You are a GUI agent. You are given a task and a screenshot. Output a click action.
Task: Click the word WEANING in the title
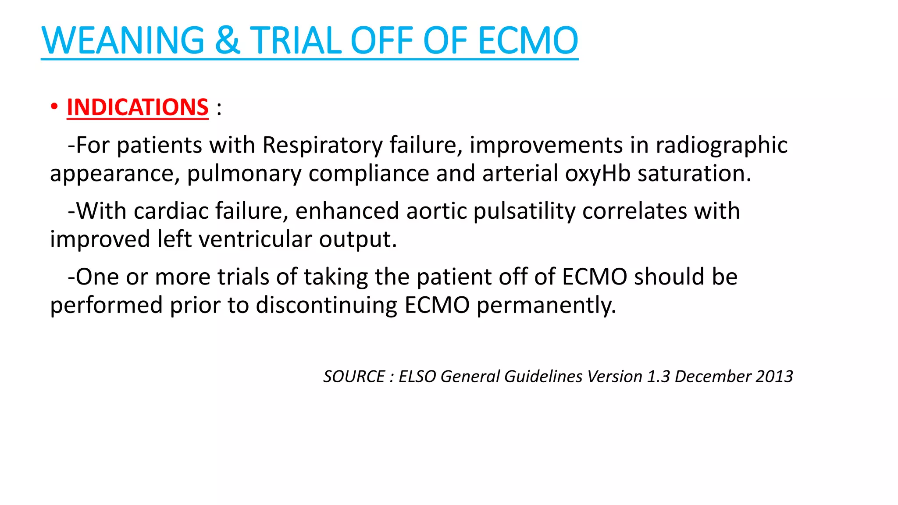123,40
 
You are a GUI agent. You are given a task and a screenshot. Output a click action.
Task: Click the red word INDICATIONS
138,107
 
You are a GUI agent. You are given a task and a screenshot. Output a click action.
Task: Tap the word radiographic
721,145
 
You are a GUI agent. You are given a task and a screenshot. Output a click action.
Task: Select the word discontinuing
326,305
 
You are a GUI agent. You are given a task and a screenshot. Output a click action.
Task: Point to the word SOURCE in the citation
354,377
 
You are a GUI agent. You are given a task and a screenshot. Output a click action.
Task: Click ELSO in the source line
417,377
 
